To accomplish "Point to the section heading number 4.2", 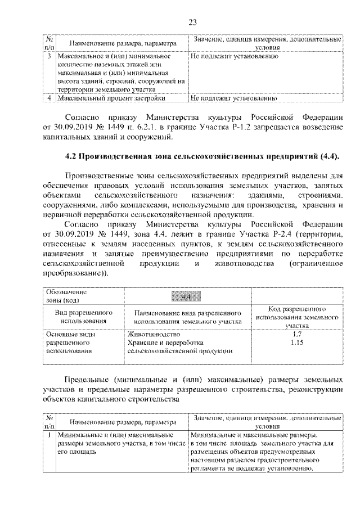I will click(73, 155).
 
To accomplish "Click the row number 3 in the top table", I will click(49, 57).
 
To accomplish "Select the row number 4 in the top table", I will click(49, 98).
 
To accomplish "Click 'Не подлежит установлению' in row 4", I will click(233, 98).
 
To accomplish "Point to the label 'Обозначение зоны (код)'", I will click(66, 296).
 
